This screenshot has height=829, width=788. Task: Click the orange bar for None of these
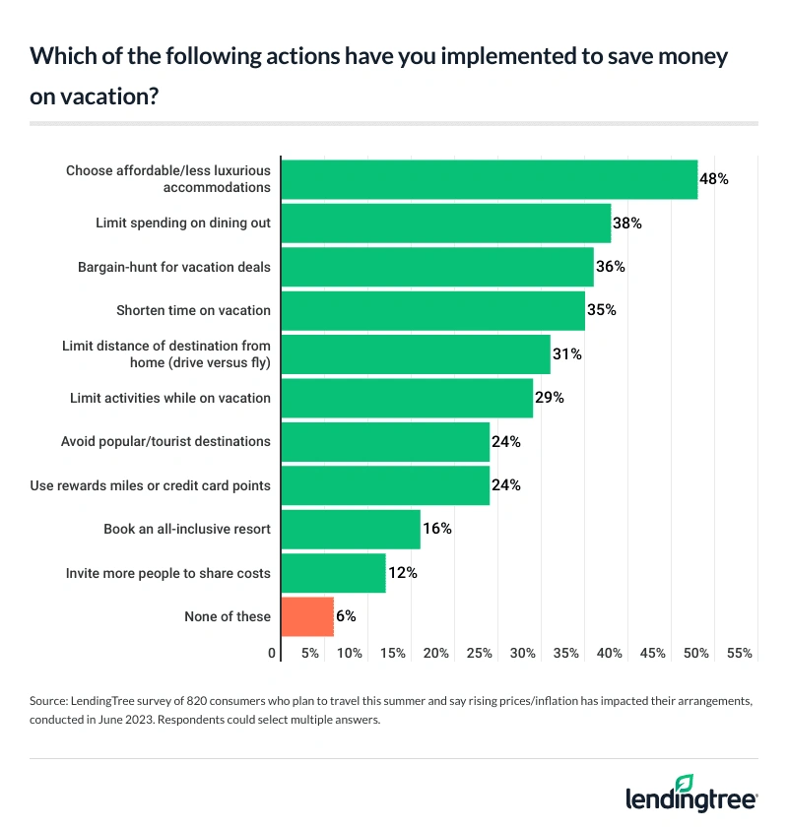coord(307,616)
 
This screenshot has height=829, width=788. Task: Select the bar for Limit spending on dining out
coord(446,223)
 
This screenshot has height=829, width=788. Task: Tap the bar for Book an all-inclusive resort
coord(351,529)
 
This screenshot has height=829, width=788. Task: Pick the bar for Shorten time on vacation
coord(433,310)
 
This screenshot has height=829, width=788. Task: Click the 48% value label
coord(713,179)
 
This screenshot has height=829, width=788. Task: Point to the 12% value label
coord(402,573)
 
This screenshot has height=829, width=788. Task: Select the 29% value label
coord(549,398)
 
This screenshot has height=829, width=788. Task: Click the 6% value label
coord(345,616)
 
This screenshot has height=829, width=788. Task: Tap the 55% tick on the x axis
coord(740,653)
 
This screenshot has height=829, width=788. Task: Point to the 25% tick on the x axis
coord(480,653)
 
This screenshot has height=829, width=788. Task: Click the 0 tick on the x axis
coord(272,653)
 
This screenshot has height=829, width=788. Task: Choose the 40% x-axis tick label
coord(610,653)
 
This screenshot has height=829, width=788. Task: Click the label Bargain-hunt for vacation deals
coord(174,267)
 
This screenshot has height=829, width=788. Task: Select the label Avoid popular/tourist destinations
coord(165,442)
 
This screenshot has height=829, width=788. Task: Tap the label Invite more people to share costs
coord(167,573)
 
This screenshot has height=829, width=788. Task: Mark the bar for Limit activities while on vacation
coord(407,398)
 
